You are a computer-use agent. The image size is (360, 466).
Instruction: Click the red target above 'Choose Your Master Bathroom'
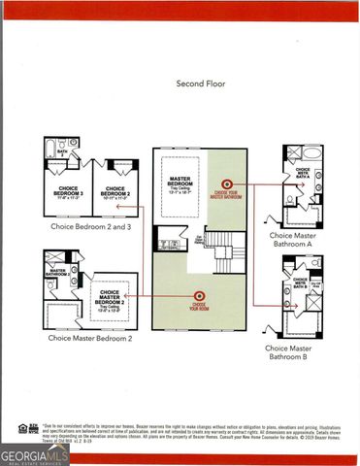[x=229, y=182]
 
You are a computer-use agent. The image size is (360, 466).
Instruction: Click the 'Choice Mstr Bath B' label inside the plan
[x=301, y=285]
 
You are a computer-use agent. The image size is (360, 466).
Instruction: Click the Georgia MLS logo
[x=35, y=453]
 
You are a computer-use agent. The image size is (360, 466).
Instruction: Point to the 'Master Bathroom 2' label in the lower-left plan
[x=57, y=273]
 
